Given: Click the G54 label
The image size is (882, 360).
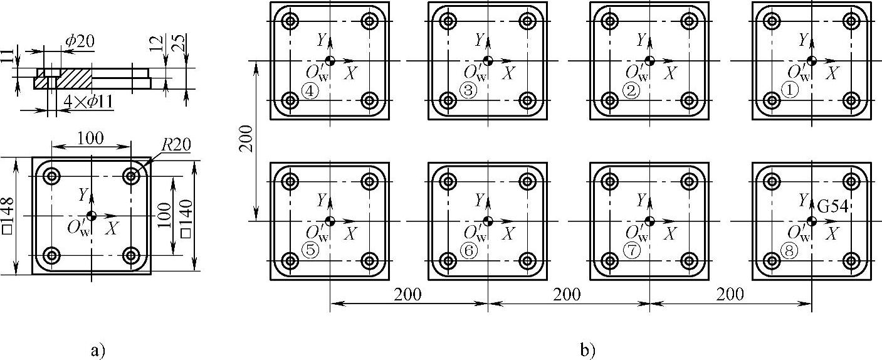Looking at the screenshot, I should [833, 206].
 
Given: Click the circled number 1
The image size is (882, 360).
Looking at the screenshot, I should [791, 92].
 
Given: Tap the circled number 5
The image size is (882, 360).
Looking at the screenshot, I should [310, 250].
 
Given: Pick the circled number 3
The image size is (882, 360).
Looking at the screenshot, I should [468, 92].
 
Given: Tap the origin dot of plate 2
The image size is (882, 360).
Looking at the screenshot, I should [649, 61].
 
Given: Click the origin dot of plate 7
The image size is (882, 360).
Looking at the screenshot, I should [649, 221].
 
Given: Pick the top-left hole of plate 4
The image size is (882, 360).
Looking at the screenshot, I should [290, 21].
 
